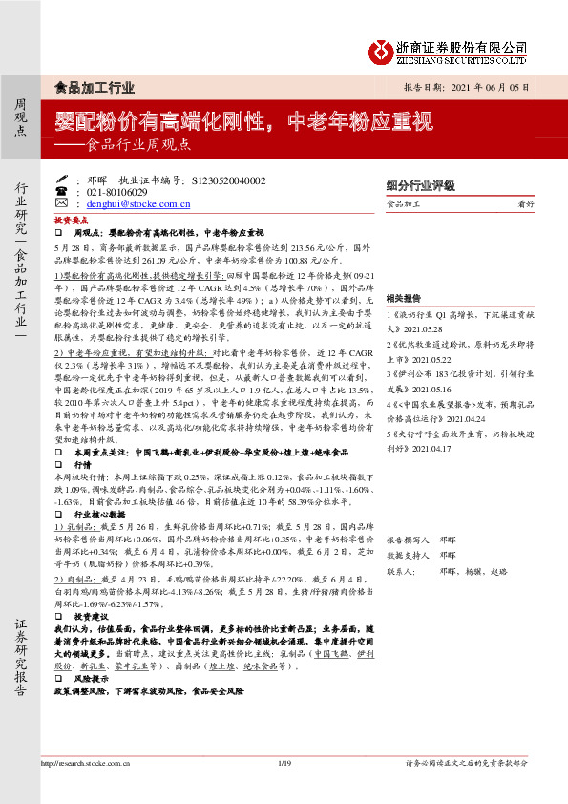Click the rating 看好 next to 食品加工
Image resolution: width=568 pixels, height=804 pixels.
[525, 203]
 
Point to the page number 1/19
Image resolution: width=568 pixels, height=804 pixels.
[283, 762]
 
